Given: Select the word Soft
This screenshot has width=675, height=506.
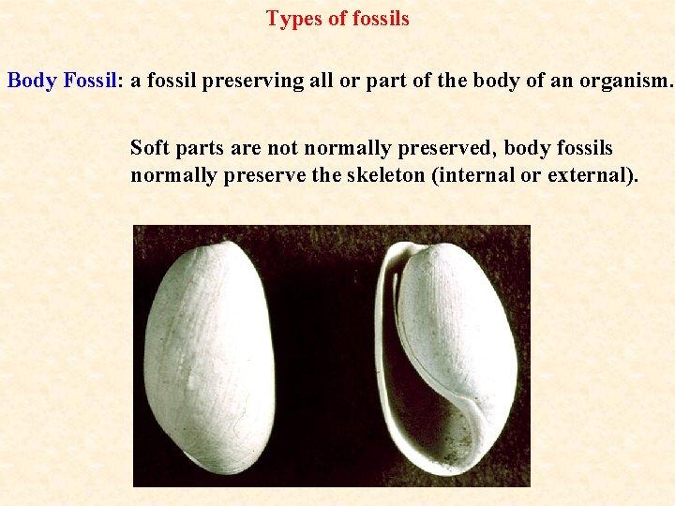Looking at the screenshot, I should (x=150, y=148).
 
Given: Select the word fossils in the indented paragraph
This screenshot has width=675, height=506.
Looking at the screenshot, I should (x=581, y=148).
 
